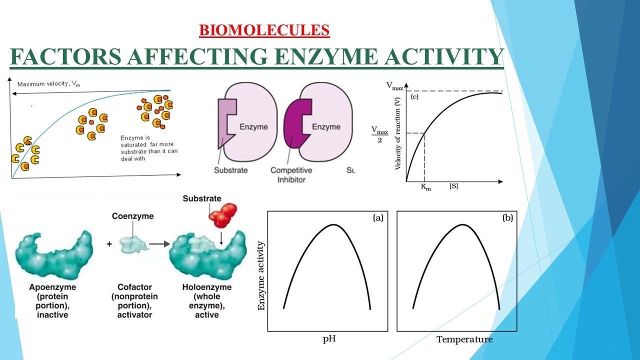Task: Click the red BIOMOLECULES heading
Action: [x=264, y=30]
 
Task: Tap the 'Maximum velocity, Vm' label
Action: [x=48, y=84]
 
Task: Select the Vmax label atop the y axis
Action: [x=394, y=86]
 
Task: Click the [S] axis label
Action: [x=453, y=186]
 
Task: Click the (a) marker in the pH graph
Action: [x=377, y=217]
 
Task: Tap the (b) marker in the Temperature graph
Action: [x=507, y=217]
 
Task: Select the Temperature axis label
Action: [x=464, y=339]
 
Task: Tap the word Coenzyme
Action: [x=132, y=216]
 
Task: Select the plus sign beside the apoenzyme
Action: [x=109, y=245]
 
